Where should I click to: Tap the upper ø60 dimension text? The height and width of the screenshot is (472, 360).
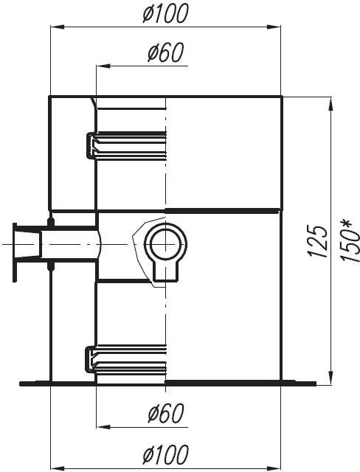pyautogui.click(x=165, y=53)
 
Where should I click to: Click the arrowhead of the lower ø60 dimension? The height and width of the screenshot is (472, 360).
pyautogui.click(x=102, y=426)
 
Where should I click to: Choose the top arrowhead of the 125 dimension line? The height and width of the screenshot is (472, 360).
pyautogui.click(x=330, y=103)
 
